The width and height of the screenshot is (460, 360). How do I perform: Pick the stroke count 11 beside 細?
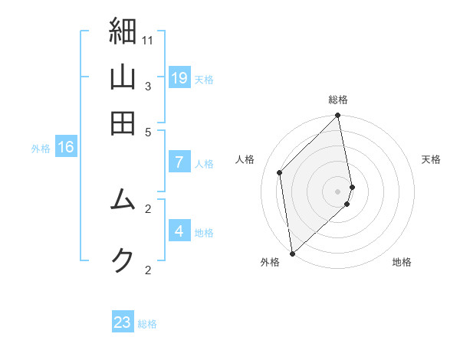[148, 39]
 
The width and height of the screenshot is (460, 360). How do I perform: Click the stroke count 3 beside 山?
[148, 86]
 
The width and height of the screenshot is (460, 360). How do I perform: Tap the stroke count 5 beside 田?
[148, 131]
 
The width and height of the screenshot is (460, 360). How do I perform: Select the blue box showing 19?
[179, 77]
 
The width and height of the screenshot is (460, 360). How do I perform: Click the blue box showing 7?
[179, 162]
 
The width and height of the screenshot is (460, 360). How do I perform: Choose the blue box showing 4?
[179, 231]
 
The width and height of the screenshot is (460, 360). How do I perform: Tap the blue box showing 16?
[65, 147]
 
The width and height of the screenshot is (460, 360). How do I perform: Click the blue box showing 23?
[123, 322]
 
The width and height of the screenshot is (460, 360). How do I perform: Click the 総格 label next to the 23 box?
[147, 324]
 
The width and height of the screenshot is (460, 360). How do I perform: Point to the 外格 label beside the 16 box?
[41, 149]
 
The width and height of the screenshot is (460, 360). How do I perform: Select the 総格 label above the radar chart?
[338, 100]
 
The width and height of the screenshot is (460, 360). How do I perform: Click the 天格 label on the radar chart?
[431, 159]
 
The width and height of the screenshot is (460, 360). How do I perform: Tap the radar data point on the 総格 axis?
[338, 116]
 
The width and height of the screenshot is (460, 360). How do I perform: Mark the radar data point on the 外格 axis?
[291, 253]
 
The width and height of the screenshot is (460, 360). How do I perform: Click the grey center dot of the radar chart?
[338, 191]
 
